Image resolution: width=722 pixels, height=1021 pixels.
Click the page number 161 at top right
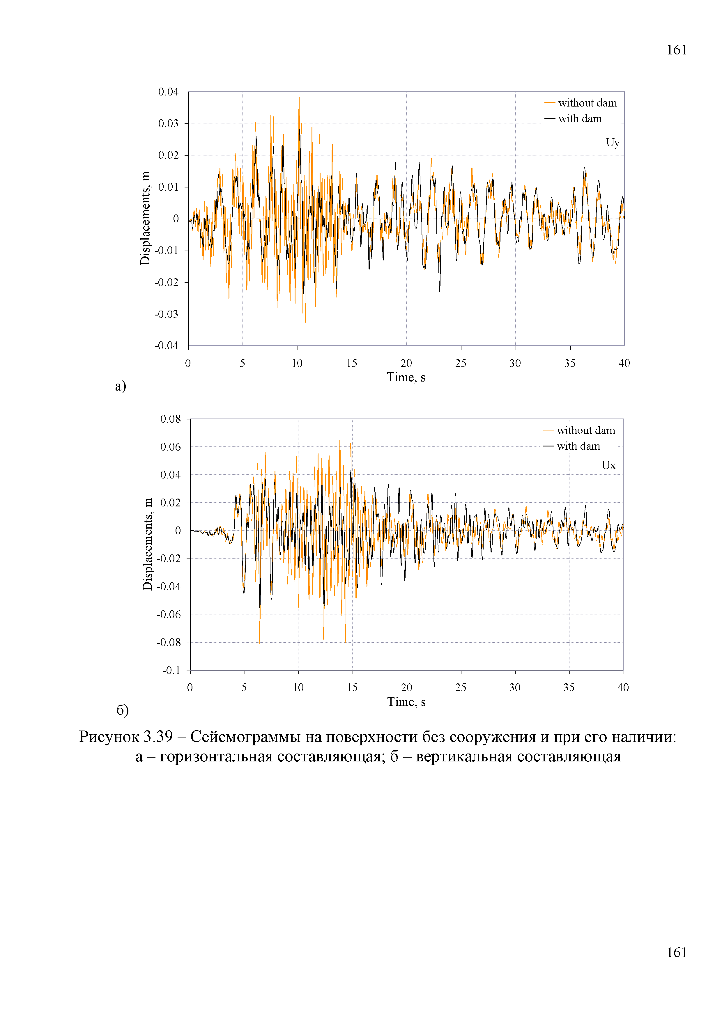[x=676, y=50]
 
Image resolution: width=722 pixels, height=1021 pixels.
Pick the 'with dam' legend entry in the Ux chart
[x=572, y=446]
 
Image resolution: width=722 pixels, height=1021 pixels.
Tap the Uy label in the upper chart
[x=613, y=143]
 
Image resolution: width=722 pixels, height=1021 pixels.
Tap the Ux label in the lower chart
[x=608, y=465]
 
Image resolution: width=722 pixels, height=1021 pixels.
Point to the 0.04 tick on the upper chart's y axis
[x=168, y=92]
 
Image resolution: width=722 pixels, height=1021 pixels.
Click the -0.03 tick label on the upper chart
[x=166, y=314]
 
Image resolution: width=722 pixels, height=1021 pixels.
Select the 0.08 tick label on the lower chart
[x=170, y=419]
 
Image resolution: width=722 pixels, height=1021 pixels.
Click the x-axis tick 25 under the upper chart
[x=461, y=363]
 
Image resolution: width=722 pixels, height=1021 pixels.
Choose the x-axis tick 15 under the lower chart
[x=352, y=687]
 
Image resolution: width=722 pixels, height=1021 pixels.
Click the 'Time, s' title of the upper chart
[x=406, y=377]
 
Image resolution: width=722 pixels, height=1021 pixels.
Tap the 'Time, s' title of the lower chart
[x=406, y=702]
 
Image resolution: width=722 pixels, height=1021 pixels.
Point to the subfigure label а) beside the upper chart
[x=121, y=386]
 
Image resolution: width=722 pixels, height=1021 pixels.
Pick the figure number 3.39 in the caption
[x=158, y=737]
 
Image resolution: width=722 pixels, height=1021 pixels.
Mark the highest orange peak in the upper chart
[x=299, y=95]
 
